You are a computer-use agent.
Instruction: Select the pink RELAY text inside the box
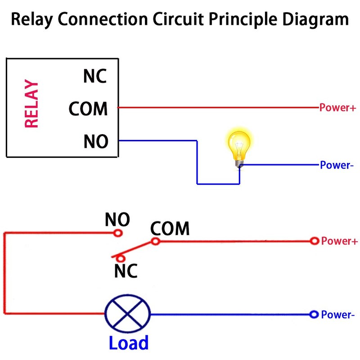[31, 104]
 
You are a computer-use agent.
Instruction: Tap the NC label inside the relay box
[95, 76]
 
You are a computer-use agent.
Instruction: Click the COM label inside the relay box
[88, 109]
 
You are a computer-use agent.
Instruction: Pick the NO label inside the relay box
[95, 142]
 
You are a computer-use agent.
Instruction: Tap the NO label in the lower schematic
[117, 220]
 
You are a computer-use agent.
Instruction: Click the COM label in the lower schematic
[170, 229]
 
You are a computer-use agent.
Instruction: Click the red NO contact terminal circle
[118, 233]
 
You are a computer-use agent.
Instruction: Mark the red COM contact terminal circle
[155, 241]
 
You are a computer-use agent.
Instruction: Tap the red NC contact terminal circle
[120, 258]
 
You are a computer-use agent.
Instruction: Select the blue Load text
[128, 343]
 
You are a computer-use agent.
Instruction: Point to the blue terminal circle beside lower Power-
[314, 314]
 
